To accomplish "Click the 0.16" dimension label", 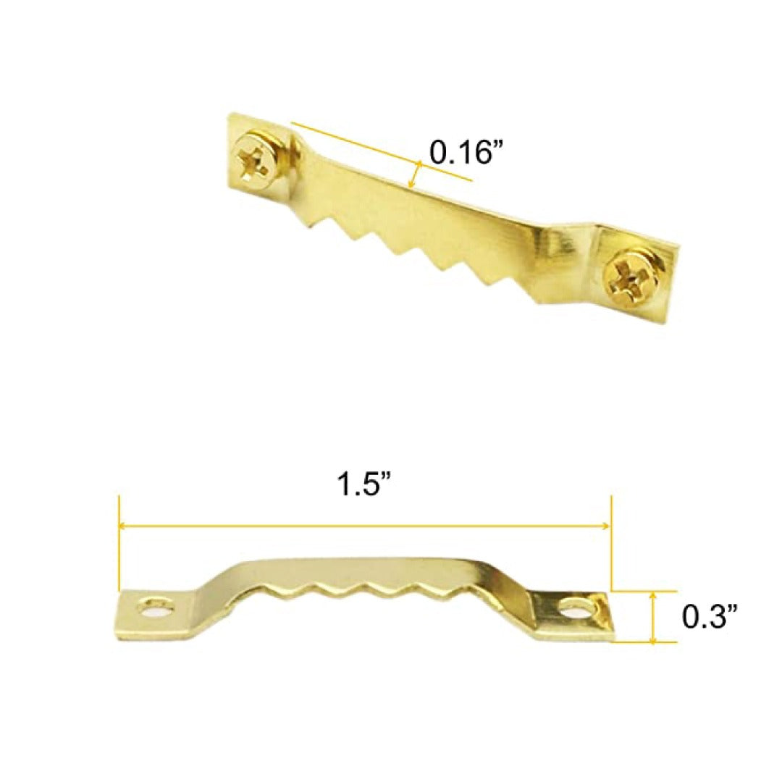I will coord(466,152).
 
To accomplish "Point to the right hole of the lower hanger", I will coord(576,608).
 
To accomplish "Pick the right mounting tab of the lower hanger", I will coord(576,614).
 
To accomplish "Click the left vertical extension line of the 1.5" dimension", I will coord(119,543).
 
